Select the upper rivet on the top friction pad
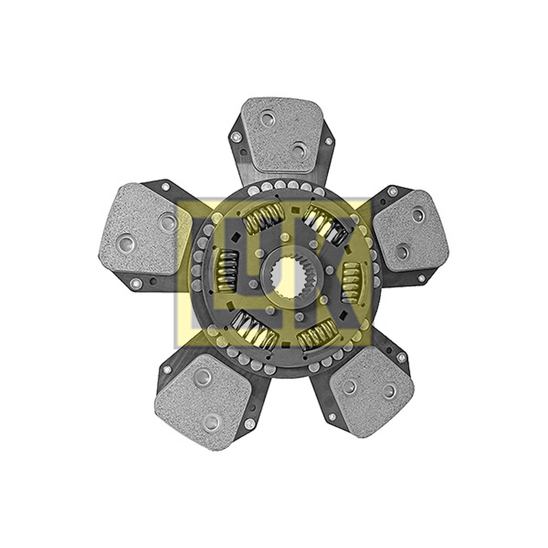[269, 119]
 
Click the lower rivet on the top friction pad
[299, 150]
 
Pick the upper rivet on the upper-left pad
[168, 221]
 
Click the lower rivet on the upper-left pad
[125, 242]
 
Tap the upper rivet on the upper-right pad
[418, 215]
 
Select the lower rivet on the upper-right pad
[403, 251]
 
